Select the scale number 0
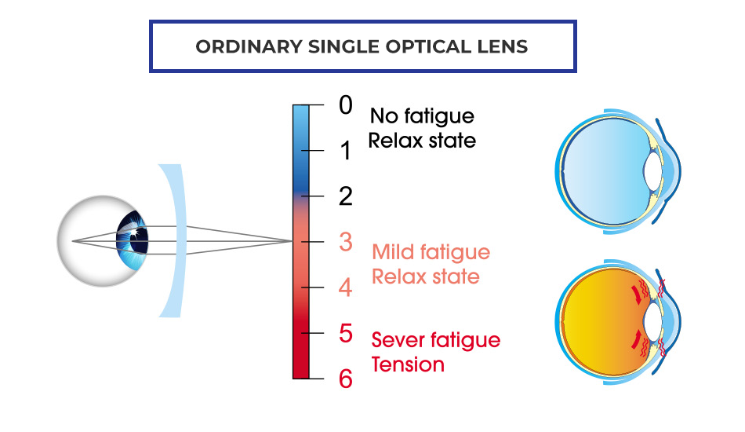345,105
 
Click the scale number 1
345,152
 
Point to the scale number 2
345,196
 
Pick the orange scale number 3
345,242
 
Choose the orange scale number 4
345,287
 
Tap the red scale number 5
345,333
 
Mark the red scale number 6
345,379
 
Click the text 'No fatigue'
422,116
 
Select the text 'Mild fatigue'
431,252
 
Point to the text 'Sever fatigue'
435,340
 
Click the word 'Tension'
408,364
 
